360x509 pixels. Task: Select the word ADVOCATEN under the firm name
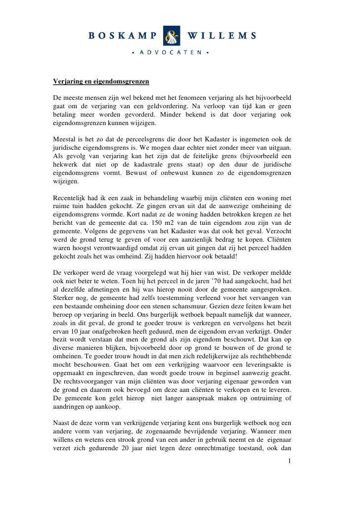coord(170,51)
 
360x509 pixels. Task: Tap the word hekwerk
coord(67,168)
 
